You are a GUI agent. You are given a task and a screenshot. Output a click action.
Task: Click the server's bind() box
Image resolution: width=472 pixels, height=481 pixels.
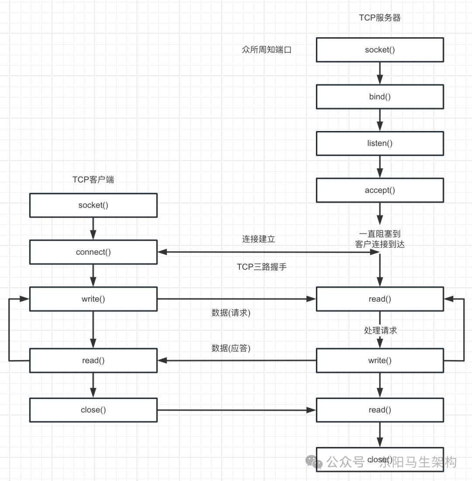tap(380, 97)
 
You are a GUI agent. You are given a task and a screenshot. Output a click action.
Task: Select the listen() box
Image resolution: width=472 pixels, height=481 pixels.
tap(380, 143)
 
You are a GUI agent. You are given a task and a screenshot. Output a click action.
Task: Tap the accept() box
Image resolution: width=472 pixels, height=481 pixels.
tap(380, 190)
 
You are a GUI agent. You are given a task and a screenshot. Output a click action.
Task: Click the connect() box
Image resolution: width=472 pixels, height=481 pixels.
tap(93, 252)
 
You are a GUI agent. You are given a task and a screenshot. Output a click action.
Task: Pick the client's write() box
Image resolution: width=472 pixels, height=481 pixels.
tap(93, 299)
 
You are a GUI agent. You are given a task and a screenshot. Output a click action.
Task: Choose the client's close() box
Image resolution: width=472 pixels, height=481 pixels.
tap(93, 410)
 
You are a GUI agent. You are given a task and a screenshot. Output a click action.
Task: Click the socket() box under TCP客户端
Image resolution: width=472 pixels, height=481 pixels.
tap(93, 205)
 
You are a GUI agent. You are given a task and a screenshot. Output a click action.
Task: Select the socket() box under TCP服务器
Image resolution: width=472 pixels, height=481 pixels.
tap(380, 49)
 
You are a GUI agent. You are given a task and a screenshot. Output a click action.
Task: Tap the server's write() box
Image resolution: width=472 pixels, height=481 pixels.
tap(380, 360)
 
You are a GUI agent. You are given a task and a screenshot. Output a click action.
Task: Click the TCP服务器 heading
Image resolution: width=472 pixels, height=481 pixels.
tap(380, 18)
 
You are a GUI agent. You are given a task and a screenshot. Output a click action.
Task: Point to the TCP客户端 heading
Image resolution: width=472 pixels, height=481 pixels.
tap(93, 180)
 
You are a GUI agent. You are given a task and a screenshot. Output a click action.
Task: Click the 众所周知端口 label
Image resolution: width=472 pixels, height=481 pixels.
tap(267, 50)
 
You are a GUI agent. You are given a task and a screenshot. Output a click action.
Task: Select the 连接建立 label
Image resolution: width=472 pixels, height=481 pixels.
tap(259, 239)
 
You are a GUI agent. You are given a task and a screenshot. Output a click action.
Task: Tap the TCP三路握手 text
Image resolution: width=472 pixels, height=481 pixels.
tap(262, 267)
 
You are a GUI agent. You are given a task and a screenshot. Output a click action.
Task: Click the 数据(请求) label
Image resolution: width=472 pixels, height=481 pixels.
tap(231, 313)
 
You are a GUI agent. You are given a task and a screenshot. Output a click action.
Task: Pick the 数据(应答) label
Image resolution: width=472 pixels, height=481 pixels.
tap(231, 348)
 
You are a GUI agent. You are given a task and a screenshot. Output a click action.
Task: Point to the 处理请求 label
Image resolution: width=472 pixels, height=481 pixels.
tap(380, 330)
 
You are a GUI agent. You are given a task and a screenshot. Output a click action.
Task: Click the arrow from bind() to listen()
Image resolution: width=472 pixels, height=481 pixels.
tap(380, 120)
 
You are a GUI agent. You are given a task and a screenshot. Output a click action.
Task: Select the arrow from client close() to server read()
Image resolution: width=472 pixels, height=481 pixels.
tap(236, 410)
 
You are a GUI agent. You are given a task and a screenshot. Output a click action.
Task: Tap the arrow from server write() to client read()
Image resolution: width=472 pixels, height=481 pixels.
tap(236, 360)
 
